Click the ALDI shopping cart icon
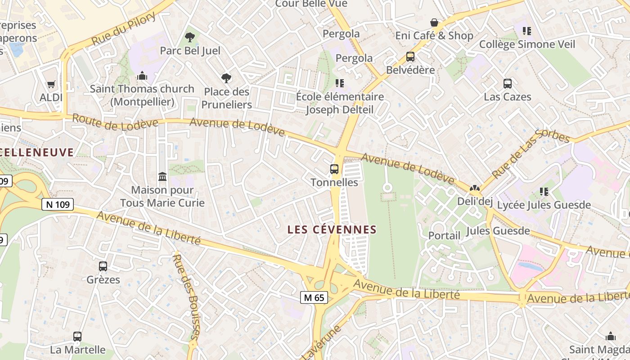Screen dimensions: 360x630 pyautogui.click(x=51, y=84)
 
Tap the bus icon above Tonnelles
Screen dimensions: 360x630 pyautogui.click(x=334, y=169)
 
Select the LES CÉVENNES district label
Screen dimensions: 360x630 pyautogui.click(x=332, y=229)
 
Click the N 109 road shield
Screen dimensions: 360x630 pyautogui.click(x=58, y=205)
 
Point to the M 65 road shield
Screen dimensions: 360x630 pyautogui.click(x=314, y=297)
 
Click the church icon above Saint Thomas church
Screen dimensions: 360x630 pyautogui.click(x=142, y=76)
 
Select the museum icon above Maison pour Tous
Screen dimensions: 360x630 pyautogui.click(x=162, y=177)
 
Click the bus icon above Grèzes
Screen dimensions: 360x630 pyautogui.click(x=103, y=266)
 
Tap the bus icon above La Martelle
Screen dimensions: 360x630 pyautogui.click(x=77, y=337)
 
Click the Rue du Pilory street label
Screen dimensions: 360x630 pyautogui.click(x=124, y=28)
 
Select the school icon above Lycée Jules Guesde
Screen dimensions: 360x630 pyautogui.click(x=544, y=192)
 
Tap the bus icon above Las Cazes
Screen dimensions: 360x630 pyautogui.click(x=508, y=84)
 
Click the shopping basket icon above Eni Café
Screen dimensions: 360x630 pyautogui.click(x=434, y=22)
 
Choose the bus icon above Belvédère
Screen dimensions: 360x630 pyautogui.click(x=410, y=57)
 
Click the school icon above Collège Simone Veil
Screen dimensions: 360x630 pyautogui.click(x=527, y=31)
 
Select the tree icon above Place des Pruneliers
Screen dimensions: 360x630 pyautogui.click(x=226, y=78)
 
